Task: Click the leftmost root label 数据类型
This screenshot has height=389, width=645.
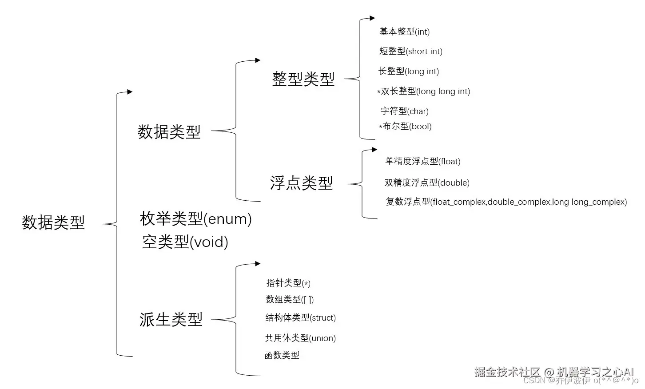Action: click(x=53, y=222)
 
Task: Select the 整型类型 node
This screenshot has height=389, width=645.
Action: click(x=303, y=79)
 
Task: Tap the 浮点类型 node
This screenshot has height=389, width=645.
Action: click(x=301, y=183)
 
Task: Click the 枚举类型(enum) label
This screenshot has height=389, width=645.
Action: click(x=195, y=218)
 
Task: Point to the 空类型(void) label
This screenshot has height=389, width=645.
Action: click(x=185, y=242)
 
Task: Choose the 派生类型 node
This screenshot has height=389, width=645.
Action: click(x=171, y=319)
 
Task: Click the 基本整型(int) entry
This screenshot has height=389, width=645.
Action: click(x=404, y=32)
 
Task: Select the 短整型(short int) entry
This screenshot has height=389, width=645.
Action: click(x=410, y=51)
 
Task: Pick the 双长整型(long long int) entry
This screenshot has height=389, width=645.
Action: click(x=425, y=91)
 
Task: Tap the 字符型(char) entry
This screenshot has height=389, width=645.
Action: click(x=404, y=111)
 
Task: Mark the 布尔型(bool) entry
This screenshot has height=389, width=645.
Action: click(x=406, y=126)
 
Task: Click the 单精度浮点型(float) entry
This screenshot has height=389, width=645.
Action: click(x=422, y=161)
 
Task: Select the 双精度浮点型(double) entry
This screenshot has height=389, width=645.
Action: click(x=427, y=183)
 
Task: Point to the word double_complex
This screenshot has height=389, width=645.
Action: click(x=519, y=202)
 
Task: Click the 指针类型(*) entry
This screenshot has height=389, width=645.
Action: click(x=288, y=283)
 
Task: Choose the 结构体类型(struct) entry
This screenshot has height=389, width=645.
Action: click(x=300, y=318)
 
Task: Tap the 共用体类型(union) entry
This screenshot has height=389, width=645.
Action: click(x=300, y=338)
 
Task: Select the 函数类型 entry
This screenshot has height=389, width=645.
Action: click(x=282, y=355)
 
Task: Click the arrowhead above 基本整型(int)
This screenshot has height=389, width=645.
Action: click(x=372, y=19)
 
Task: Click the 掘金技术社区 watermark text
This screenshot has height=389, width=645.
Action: click(x=507, y=371)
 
